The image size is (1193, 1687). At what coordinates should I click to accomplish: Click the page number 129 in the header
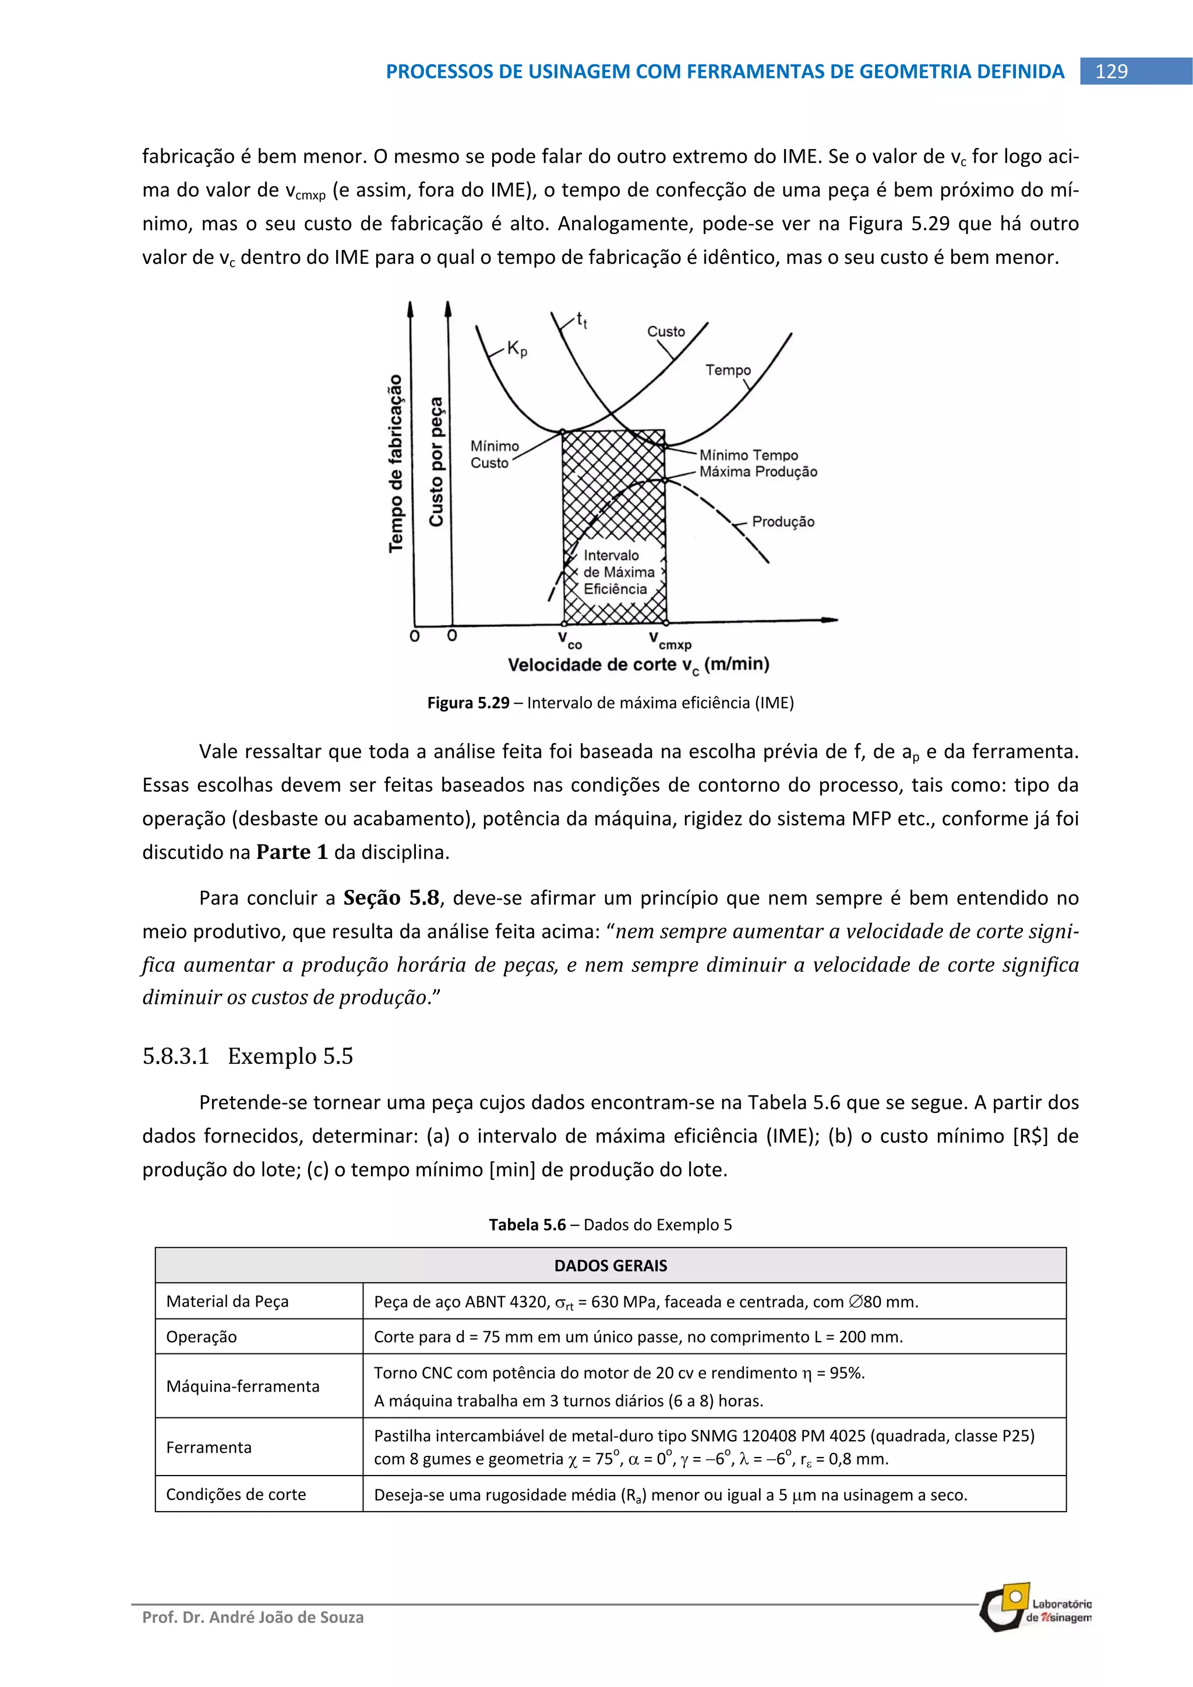click(1111, 71)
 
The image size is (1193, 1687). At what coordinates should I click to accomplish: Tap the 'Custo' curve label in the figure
click(665, 331)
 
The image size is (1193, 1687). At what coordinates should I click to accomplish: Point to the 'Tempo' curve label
click(728, 370)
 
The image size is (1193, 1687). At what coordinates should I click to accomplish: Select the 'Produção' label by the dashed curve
click(783, 522)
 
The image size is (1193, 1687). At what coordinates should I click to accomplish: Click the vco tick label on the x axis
click(570, 640)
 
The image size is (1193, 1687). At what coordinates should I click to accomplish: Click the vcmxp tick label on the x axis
click(669, 641)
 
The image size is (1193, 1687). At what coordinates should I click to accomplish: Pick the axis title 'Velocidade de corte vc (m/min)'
click(638, 665)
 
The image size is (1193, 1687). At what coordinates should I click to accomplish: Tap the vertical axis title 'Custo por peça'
click(437, 461)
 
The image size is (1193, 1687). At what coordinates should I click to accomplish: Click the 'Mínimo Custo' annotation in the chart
click(494, 455)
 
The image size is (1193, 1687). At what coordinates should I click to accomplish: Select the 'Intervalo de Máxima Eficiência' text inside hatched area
click(617, 572)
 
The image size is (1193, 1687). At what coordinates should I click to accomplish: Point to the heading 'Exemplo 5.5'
click(290, 1056)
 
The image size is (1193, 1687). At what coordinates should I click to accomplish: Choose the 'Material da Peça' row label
click(227, 1301)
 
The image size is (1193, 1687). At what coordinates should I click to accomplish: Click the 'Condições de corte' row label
click(236, 1494)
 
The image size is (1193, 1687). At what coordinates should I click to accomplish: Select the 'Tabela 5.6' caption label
click(527, 1225)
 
